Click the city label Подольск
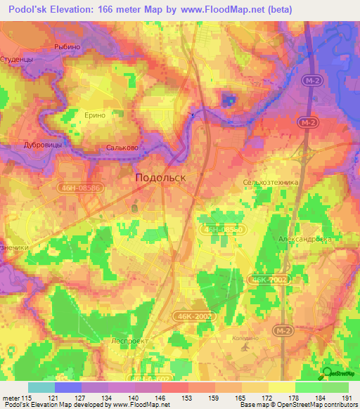[x=160, y=178]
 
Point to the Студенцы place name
[x=17, y=60]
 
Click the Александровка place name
[x=304, y=238]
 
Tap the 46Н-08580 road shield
[x=223, y=230]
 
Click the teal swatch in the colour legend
[x=41, y=387]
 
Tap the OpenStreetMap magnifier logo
[x=326, y=372]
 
